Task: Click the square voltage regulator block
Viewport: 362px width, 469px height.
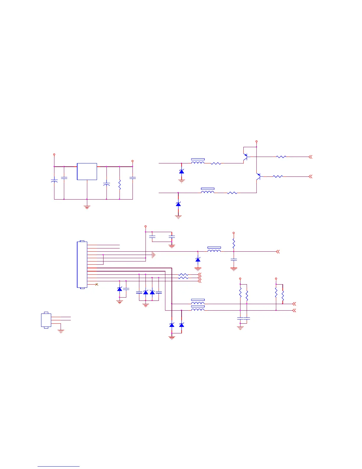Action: [x=87, y=171]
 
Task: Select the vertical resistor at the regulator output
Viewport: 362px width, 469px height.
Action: [x=119, y=185]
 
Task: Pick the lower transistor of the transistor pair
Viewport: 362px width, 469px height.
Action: [x=258, y=177]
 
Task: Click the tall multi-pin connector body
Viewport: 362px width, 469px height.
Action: [x=82, y=264]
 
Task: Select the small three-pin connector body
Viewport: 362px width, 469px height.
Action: [x=46, y=320]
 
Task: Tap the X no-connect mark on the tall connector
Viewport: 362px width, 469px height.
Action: [x=97, y=285]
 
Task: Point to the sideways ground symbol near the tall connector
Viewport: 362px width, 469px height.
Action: [x=153, y=255]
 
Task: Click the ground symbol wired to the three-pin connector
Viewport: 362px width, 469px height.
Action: [x=61, y=331]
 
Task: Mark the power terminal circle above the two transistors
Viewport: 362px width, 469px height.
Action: [x=256, y=142]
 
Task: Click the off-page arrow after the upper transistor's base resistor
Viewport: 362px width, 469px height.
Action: [x=310, y=157]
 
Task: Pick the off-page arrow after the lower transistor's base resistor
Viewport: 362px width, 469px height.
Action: [x=310, y=176]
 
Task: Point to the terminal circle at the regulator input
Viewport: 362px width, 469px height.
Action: [x=54, y=155]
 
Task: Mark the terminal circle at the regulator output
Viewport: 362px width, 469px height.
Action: [x=132, y=161]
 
